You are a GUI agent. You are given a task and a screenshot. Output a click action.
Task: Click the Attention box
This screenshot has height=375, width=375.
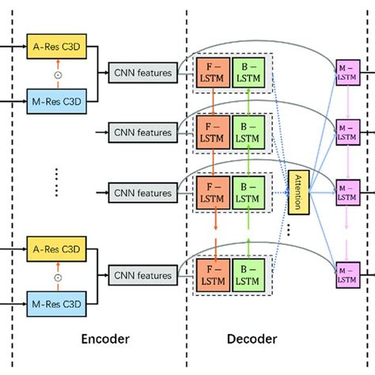pyautogui.click(x=299, y=192)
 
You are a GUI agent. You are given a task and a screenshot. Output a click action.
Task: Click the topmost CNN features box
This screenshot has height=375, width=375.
pyautogui.click(x=142, y=73)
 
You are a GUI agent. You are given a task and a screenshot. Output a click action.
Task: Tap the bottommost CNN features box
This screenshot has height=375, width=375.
pyautogui.click(x=142, y=276)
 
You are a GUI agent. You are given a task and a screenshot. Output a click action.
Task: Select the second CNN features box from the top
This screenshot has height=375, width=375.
pyautogui.click(x=142, y=132)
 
